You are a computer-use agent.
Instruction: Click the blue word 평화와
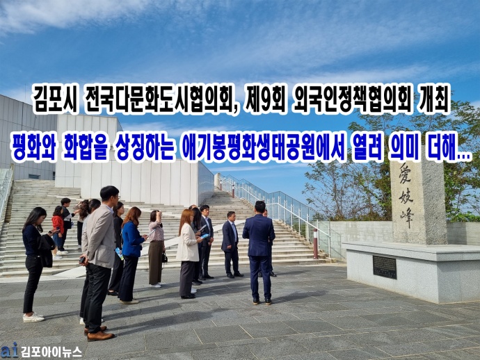click(x=33, y=147)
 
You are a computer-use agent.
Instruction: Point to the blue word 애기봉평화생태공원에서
click(x=262, y=147)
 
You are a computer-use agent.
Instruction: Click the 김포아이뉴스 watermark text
click(x=51, y=352)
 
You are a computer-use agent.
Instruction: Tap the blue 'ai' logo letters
click(x=10, y=350)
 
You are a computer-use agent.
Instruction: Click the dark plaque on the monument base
click(x=385, y=267)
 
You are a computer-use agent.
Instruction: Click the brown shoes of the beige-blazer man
click(x=98, y=334)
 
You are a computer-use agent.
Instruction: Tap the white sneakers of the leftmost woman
click(x=33, y=317)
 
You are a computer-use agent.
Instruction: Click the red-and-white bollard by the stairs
click(x=315, y=244)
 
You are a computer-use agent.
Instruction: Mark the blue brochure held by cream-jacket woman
click(x=205, y=236)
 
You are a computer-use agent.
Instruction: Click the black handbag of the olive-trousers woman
click(x=164, y=258)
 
